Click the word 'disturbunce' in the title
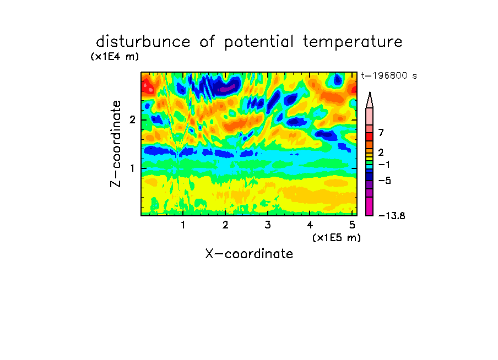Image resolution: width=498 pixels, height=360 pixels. point(143,42)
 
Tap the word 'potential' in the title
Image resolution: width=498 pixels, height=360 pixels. point(259,42)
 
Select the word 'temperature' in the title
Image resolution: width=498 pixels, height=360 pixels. point(353,42)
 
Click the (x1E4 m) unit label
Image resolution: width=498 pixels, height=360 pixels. point(115,57)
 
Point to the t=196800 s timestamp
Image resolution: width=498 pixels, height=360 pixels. point(389,75)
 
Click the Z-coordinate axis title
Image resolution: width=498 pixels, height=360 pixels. point(116,144)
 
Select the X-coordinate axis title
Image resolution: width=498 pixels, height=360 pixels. point(249,254)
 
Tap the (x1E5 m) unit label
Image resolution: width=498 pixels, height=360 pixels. point(337,237)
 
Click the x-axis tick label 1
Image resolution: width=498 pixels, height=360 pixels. point(183,225)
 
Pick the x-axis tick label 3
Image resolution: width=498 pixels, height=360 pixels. point(268,225)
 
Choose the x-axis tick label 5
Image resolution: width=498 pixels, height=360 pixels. point(352,225)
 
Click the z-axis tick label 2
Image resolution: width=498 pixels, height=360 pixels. point(132,120)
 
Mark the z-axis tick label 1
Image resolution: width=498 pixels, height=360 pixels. point(132,168)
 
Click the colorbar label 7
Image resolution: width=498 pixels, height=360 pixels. point(381,132)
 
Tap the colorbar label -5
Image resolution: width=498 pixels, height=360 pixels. point(385,181)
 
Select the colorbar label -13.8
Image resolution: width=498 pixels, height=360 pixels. point(392,216)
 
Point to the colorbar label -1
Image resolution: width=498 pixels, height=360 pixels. point(384,165)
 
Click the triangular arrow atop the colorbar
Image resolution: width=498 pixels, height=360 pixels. point(370,100)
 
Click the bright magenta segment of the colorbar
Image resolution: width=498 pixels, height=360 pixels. point(370,206)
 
